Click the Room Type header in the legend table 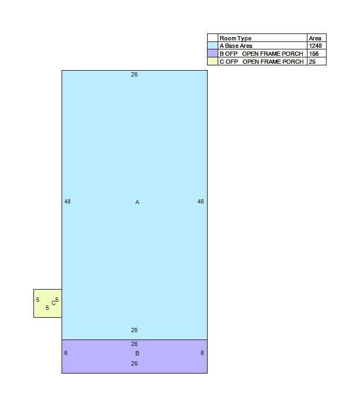click(x=236, y=38)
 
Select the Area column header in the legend click(x=315, y=38)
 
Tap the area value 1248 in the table click(x=315, y=46)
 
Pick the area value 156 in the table click(x=314, y=54)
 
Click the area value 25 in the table click(x=312, y=62)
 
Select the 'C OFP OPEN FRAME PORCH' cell click(x=262, y=62)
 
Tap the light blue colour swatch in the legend click(x=213, y=46)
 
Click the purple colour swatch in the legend click(x=213, y=54)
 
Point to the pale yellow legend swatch click(x=213, y=62)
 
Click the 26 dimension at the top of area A click(x=134, y=75)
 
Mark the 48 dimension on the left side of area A click(x=67, y=202)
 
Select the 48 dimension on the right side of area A click(x=201, y=202)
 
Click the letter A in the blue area click(x=137, y=202)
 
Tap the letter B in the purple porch click(x=138, y=353)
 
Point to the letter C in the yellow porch click(x=54, y=303)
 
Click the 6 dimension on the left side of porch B click(x=66, y=353)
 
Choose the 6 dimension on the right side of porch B click(x=202, y=353)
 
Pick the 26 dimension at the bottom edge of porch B click(x=134, y=363)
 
